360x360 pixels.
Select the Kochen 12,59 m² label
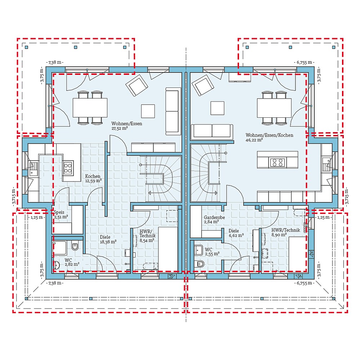[x=93, y=178]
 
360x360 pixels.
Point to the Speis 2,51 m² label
[x=61, y=215]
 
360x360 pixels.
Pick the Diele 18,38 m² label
[x=108, y=239]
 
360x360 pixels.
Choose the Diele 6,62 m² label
[x=236, y=233]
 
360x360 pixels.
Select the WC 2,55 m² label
[x=212, y=251]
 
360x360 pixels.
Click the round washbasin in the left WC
[x=57, y=266]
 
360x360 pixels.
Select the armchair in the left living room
[x=136, y=85]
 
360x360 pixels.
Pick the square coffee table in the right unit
[x=217, y=108]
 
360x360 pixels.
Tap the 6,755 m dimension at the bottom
[x=304, y=283]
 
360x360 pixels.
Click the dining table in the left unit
[x=90, y=108]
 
